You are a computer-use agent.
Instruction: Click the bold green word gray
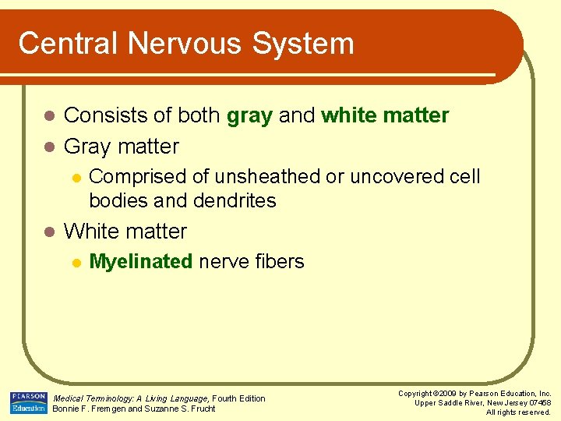pyautogui.click(x=249, y=116)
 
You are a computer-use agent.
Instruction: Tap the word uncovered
pyautogui.click(x=397, y=177)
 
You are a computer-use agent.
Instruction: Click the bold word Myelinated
pyautogui.click(x=141, y=262)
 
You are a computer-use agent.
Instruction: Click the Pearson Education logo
pyautogui.click(x=28, y=402)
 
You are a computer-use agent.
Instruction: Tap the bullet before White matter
pyautogui.click(x=48, y=232)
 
